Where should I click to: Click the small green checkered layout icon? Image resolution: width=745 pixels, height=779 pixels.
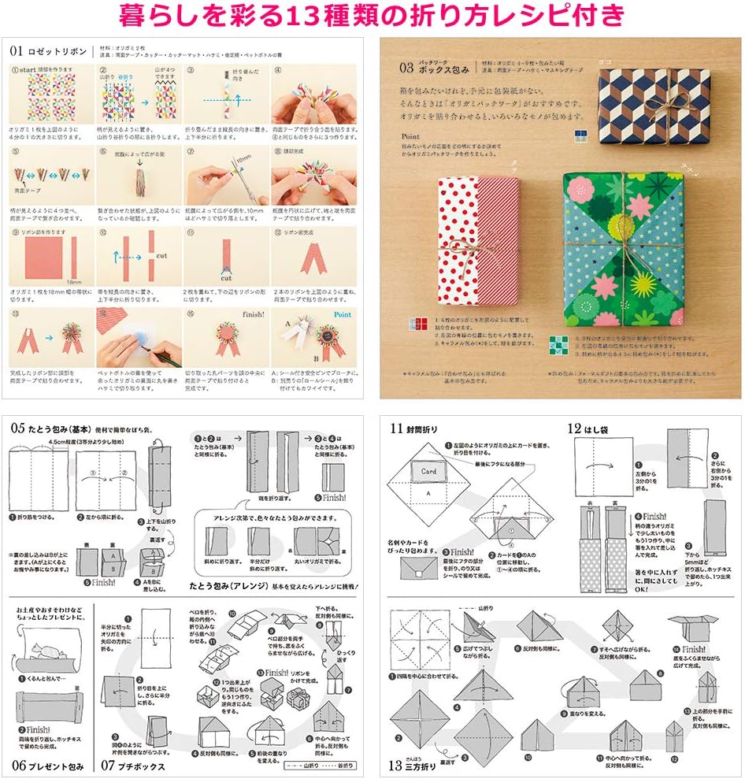558,343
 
